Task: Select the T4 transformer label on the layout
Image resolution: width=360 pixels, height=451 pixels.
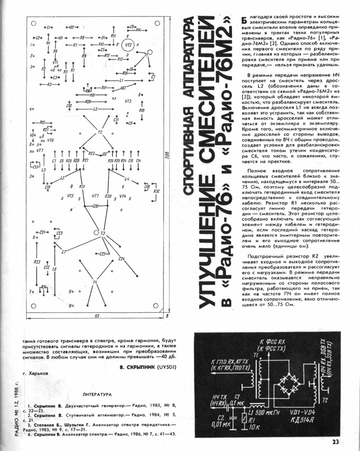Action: (96, 282)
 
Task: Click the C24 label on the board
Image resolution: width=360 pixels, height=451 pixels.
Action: (122, 259)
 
